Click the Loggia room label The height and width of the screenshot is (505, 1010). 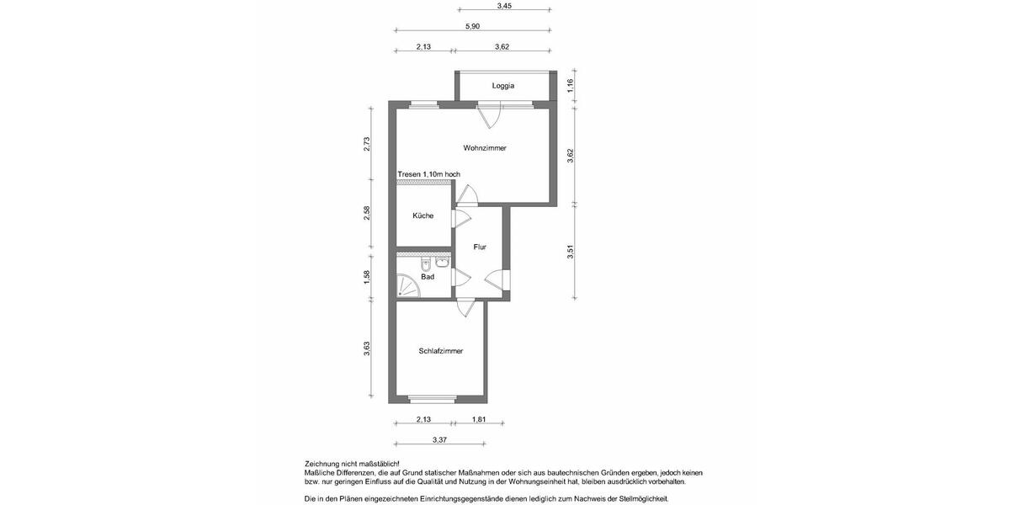pyautogui.click(x=503, y=86)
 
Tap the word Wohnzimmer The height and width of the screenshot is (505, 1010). pyautogui.click(x=485, y=148)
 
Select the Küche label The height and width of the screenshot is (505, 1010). pyautogui.click(x=423, y=216)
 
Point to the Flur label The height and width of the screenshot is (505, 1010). pyautogui.click(x=480, y=247)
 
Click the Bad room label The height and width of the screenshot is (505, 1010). pyautogui.click(x=428, y=277)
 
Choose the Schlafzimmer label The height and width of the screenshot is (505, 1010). pyautogui.click(x=441, y=351)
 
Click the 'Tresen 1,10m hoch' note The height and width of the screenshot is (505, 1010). pyautogui.click(x=429, y=174)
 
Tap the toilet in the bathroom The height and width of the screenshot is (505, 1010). pyautogui.click(x=428, y=262)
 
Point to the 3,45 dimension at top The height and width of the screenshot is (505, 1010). pyautogui.click(x=504, y=6)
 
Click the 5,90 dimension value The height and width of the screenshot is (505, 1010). pyautogui.click(x=472, y=27)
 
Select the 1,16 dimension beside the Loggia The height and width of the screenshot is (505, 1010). pyautogui.click(x=571, y=84)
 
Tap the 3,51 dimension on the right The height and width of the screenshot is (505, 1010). pyautogui.click(x=571, y=251)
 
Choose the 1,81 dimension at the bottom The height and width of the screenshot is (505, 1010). pyautogui.click(x=479, y=419)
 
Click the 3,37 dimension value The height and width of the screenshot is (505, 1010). pyautogui.click(x=439, y=439)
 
